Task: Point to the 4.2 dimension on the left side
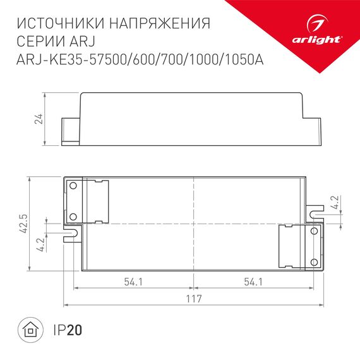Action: click(x=41, y=246)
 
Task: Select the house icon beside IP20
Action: click(x=29, y=330)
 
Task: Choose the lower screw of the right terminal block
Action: click(x=313, y=261)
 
